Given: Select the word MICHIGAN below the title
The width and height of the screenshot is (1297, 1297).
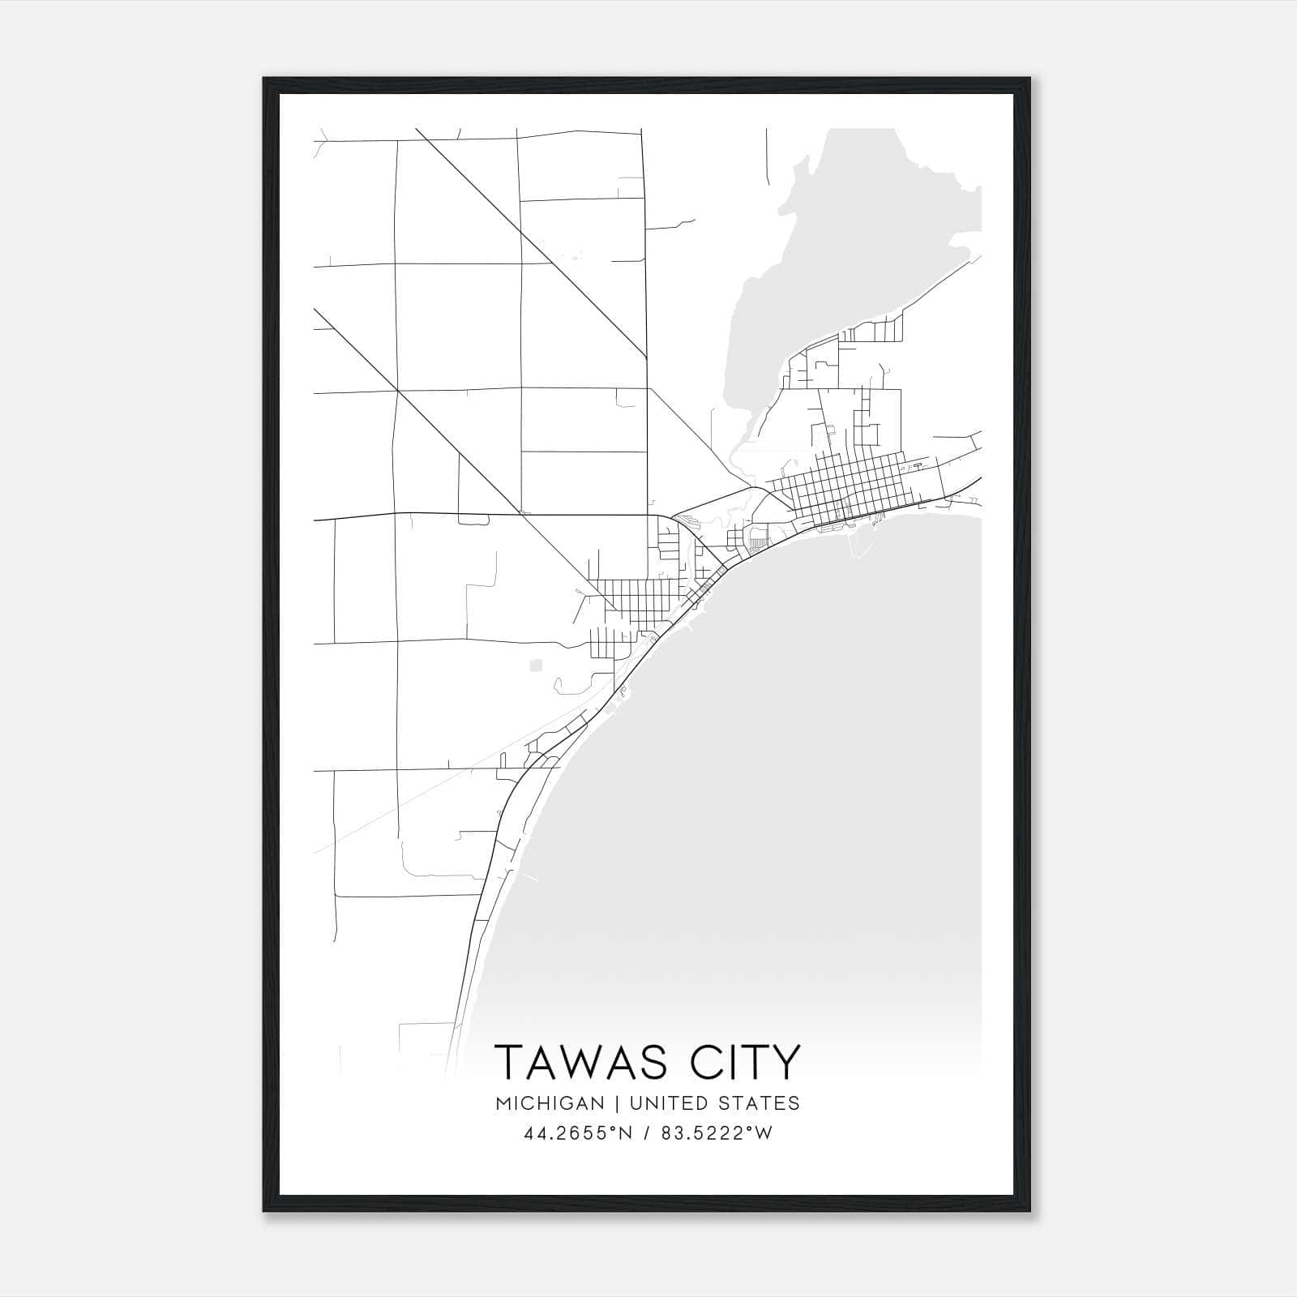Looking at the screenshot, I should click(x=551, y=1103).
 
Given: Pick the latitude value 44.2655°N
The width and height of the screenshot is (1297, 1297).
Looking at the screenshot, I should click(x=576, y=1133).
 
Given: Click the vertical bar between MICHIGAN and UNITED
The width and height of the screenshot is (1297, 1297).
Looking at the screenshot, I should click(x=616, y=1103).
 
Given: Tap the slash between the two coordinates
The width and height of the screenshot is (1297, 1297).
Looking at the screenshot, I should click(x=645, y=1133).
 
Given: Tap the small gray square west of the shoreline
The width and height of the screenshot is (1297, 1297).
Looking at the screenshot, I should click(x=535, y=666).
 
